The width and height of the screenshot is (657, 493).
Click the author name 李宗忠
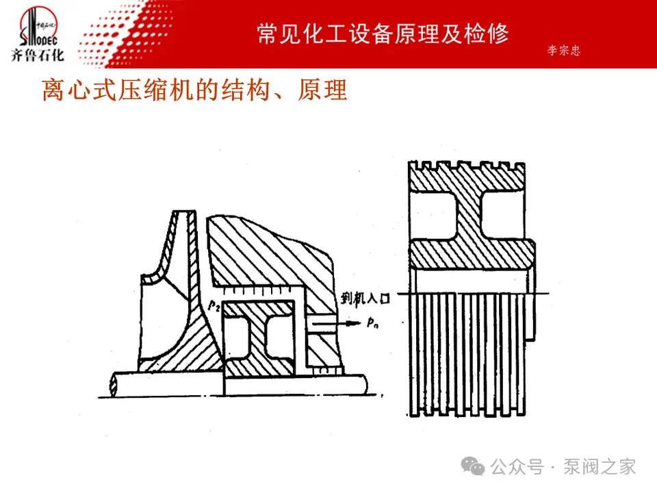[563, 51]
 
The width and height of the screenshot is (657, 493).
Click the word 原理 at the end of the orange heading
[322, 90]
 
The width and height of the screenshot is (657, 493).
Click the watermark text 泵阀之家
[600, 467]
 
